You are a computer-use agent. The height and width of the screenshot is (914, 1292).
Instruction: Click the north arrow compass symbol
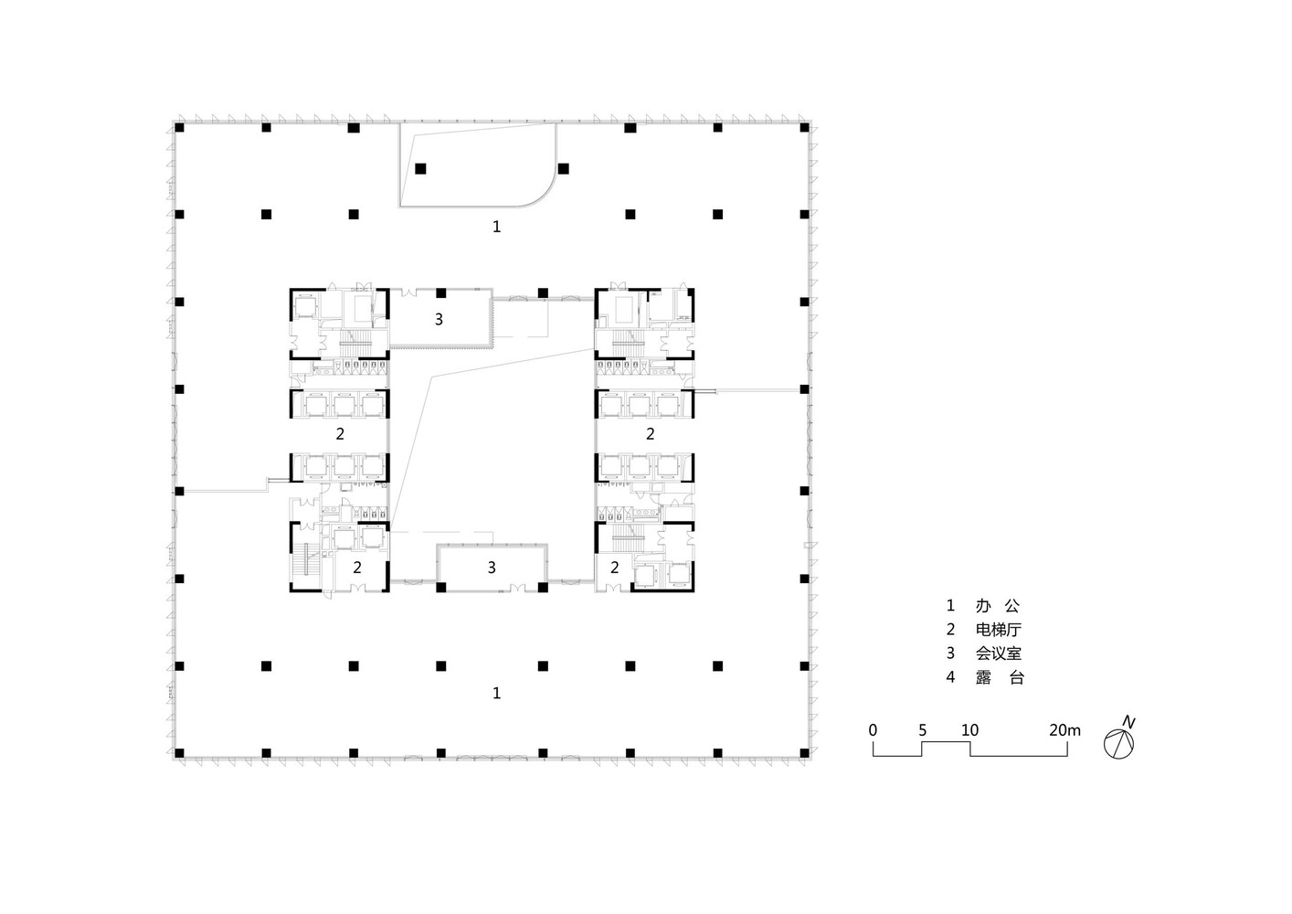pyautogui.click(x=1118, y=744)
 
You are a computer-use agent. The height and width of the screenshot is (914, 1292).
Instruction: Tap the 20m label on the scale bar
pyautogui.click(x=1064, y=730)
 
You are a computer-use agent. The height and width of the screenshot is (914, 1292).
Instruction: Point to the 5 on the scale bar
pyautogui.click(x=922, y=730)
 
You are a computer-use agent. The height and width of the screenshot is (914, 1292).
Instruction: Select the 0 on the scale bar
pyautogui.click(x=873, y=730)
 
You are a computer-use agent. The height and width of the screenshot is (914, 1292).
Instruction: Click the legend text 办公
pyautogui.click(x=998, y=605)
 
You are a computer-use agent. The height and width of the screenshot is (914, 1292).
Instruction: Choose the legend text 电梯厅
pyautogui.click(x=999, y=629)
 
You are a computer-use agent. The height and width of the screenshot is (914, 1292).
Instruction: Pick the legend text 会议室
pyautogui.click(x=999, y=654)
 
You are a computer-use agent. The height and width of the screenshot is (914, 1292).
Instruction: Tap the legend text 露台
pyautogui.click(x=1000, y=677)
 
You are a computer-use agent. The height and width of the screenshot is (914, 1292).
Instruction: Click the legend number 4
pyautogui.click(x=950, y=677)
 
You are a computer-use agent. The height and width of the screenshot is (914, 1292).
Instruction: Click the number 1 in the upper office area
pyautogui.click(x=497, y=227)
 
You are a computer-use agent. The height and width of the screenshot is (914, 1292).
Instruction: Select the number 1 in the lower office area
pyautogui.click(x=497, y=693)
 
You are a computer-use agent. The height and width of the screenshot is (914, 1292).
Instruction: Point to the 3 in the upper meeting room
pyautogui.click(x=439, y=319)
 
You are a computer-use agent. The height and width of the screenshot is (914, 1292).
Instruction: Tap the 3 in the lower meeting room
pyautogui.click(x=492, y=568)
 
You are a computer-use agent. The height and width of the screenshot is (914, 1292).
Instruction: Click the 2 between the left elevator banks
pyautogui.click(x=340, y=433)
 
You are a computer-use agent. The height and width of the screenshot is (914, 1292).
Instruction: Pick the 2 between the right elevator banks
pyautogui.click(x=650, y=433)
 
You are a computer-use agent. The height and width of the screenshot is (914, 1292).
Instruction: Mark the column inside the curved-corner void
pyautogui.click(x=420, y=168)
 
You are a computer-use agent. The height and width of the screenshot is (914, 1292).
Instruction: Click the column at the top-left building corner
pyautogui.click(x=179, y=127)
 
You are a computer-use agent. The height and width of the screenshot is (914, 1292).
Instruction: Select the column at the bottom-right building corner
pyautogui.click(x=805, y=752)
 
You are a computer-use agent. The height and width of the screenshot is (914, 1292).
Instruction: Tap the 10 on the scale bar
pyautogui.click(x=970, y=730)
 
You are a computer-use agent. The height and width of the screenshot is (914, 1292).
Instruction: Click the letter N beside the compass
pyautogui.click(x=1128, y=722)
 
